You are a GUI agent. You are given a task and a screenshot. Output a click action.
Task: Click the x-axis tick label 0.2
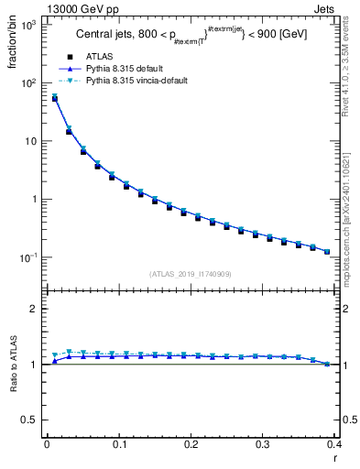(191, 443)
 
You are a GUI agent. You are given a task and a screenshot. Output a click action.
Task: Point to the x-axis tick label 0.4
(334, 443)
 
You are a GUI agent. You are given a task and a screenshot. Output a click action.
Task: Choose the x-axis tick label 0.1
(118, 443)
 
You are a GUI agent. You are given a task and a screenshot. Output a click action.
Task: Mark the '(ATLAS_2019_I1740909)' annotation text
(191, 273)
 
